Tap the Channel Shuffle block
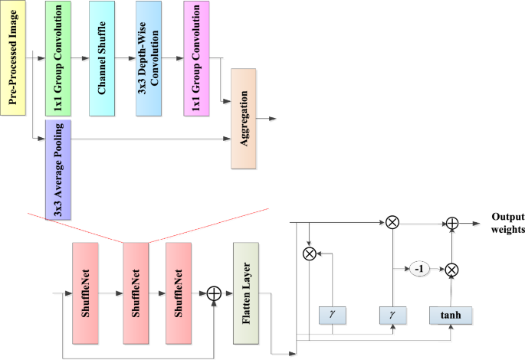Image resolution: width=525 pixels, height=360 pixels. click(106, 58)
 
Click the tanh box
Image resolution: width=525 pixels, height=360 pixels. click(451, 314)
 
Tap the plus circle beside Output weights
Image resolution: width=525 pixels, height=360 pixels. click(452, 222)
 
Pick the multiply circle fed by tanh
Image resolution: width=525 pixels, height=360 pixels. click(452, 269)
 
